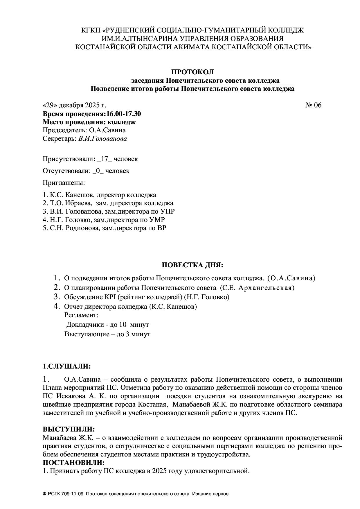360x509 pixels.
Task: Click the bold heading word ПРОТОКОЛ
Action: click(x=192, y=72)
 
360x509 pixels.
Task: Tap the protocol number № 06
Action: click(x=313, y=105)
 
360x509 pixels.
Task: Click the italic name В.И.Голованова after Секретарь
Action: click(x=102, y=139)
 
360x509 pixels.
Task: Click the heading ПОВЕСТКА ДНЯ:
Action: click(x=192, y=265)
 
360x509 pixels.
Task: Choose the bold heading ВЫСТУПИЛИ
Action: click(x=69, y=429)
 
